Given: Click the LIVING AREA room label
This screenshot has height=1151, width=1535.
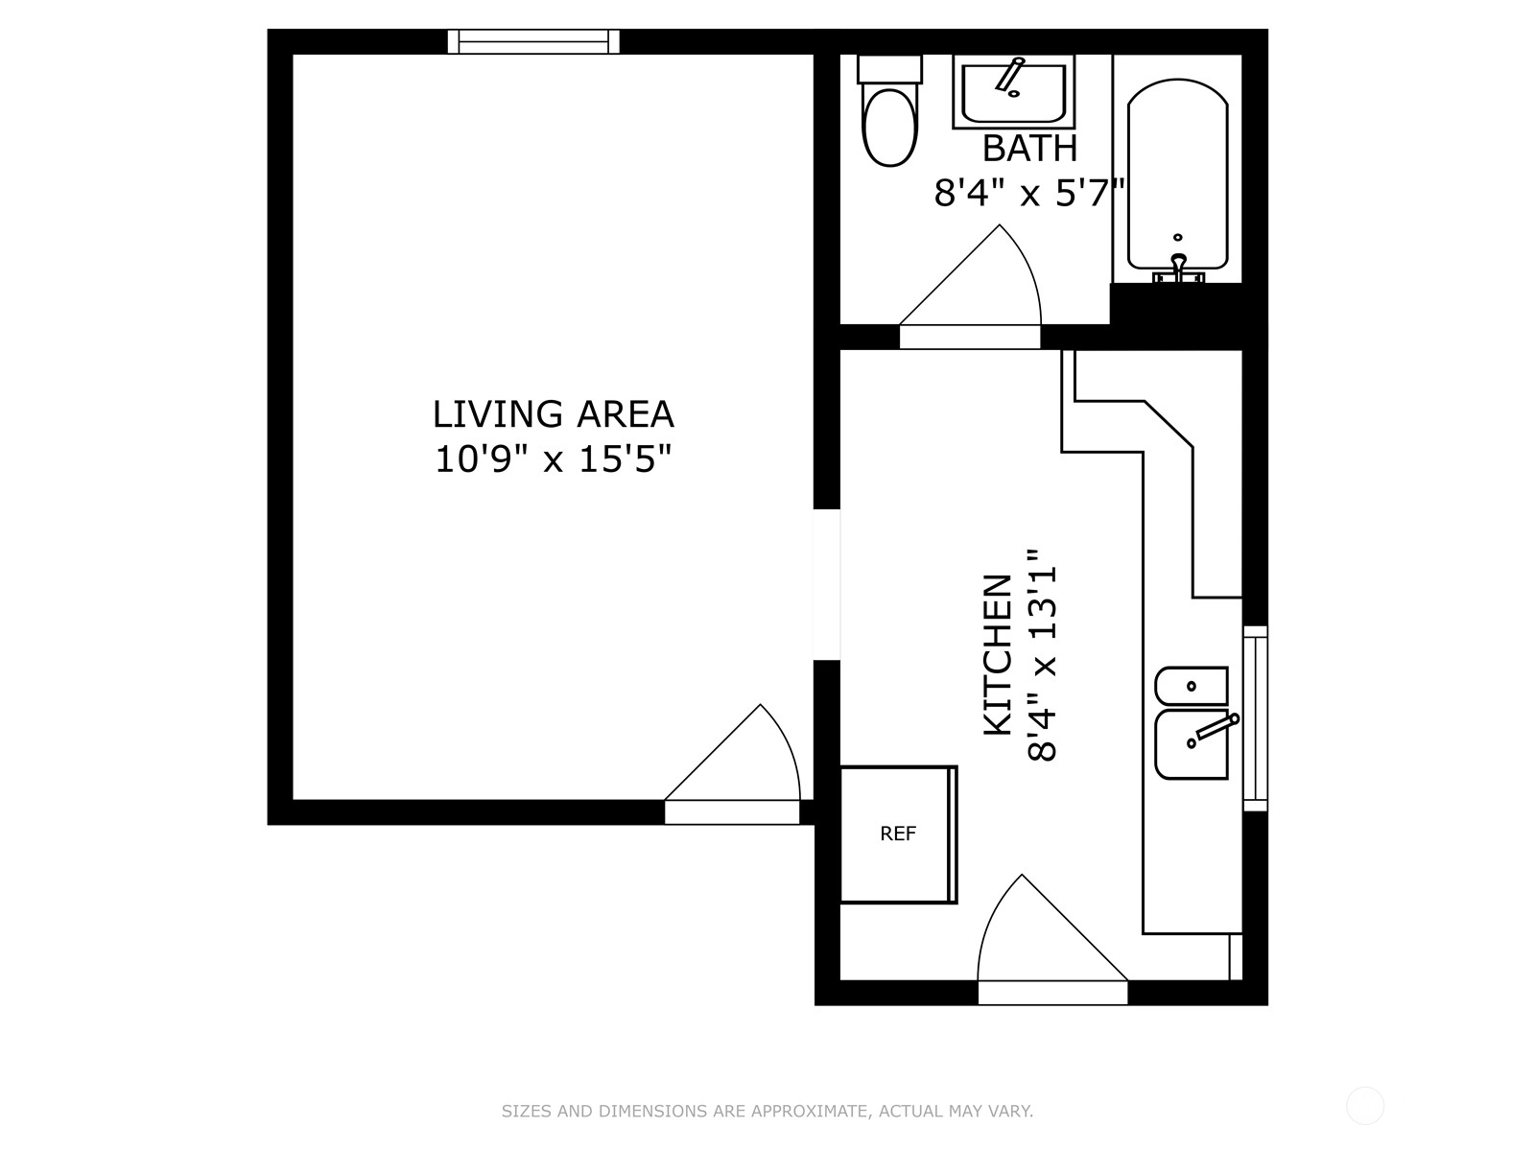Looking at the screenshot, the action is (554, 414).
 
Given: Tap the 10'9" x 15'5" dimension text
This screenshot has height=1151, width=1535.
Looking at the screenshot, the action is (554, 459).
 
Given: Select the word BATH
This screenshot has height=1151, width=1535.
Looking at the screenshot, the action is (1029, 148).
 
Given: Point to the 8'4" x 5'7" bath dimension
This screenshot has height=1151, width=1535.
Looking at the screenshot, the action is (1028, 192).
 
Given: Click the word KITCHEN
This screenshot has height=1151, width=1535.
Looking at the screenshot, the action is (998, 655).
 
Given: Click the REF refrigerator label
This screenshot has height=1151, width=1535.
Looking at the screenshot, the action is (898, 834).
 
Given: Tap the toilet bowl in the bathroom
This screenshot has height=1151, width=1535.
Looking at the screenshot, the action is (889, 127).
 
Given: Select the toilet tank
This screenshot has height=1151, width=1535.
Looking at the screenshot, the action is (889, 68).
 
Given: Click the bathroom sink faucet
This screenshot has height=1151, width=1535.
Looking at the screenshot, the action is (1010, 75).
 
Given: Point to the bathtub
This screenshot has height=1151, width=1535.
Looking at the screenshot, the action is (1178, 174).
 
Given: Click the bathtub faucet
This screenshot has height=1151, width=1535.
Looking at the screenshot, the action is (1178, 268).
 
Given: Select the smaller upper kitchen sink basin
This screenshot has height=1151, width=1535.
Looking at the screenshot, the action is (1192, 686).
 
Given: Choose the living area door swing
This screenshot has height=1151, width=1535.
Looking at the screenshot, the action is (732, 752).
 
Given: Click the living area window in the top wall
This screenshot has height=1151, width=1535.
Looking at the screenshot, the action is (533, 41).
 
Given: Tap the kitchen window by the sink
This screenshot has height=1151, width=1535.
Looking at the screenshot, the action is (1255, 718).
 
